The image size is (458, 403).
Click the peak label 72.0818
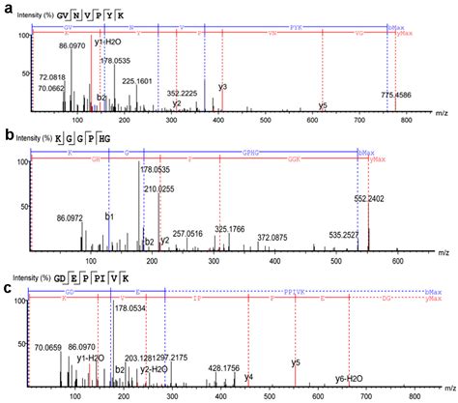point(52,74)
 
